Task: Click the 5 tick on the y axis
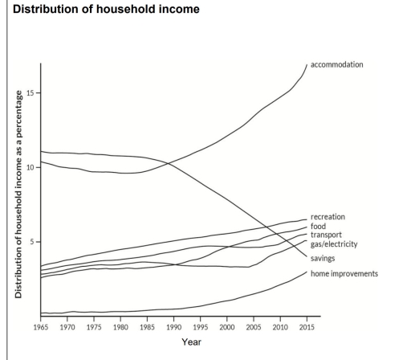pos(31,242)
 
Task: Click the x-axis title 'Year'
pos(192,343)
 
